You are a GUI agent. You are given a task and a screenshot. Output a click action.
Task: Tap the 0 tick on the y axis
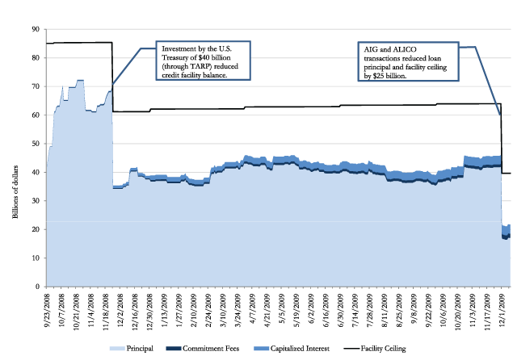[x=36, y=287]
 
